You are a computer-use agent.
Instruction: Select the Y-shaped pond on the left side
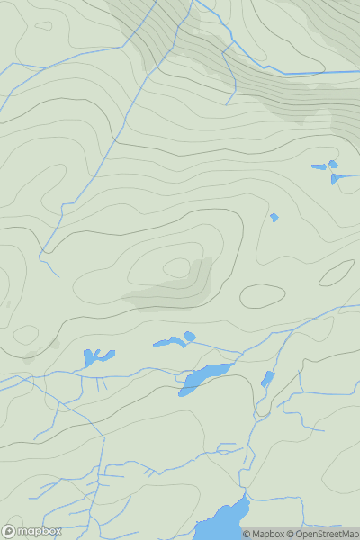tap(93, 356)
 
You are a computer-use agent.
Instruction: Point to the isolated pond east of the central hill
tap(274, 217)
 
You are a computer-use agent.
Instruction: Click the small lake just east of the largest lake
tap(267, 378)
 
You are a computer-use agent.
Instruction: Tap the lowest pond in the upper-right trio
tap(335, 179)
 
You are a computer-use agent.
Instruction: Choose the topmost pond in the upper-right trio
tap(333, 164)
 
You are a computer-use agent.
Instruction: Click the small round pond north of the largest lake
tap(189, 337)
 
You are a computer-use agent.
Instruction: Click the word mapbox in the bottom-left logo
tap(39, 531)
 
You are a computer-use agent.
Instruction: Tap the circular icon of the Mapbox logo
tap(8, 531)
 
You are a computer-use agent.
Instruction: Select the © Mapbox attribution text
tap(263, 534)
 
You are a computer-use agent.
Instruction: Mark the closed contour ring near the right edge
tap(337, 273)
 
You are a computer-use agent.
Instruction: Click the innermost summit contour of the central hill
tap(176, 267)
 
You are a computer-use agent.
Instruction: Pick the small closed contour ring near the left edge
tap(26, 335)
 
